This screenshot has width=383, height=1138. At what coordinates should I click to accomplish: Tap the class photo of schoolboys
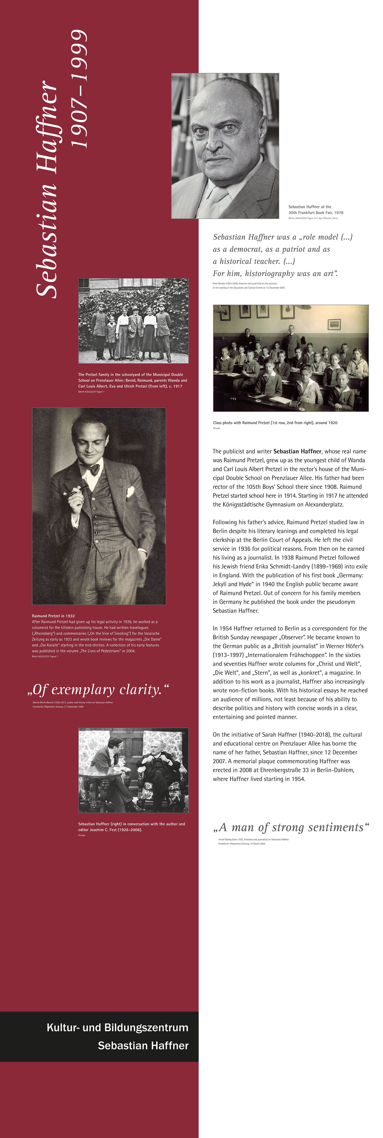pos(291,358)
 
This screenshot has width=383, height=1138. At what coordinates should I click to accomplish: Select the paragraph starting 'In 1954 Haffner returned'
pos(290,672)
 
